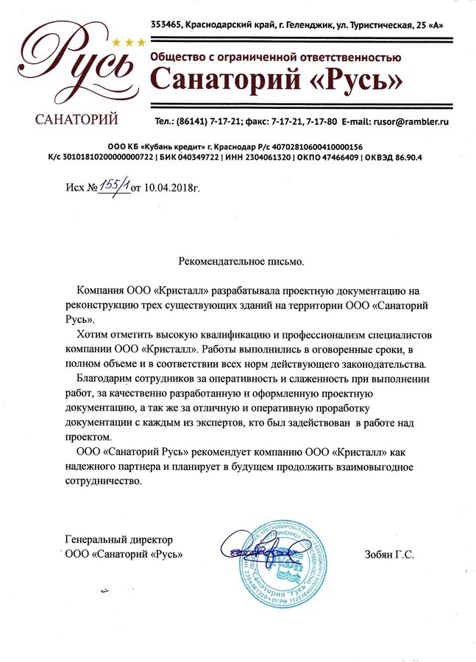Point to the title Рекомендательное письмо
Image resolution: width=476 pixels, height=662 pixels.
[x=241, y=261]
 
